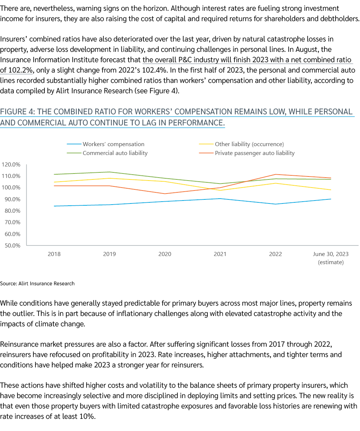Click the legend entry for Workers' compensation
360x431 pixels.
click(113, 144)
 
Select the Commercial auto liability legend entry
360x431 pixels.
click(115, 153)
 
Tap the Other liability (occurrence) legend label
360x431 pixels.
click(249, 144)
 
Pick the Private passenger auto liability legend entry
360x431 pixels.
click(254, 153)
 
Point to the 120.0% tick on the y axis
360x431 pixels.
click(11, 164)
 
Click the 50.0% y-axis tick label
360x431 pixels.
click(12, 245)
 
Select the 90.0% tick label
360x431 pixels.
click(12, 199)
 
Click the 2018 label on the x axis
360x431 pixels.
click(54, 254)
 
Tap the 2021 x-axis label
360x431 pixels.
click(220, 254)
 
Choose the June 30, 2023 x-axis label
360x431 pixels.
click(330, 254)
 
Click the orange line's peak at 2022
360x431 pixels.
click(275, 174)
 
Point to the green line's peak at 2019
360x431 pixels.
click(109, 172)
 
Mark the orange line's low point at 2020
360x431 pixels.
click(164, 193)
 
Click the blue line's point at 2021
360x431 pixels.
click(220, 199)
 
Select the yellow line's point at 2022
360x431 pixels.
click(275, 183)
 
